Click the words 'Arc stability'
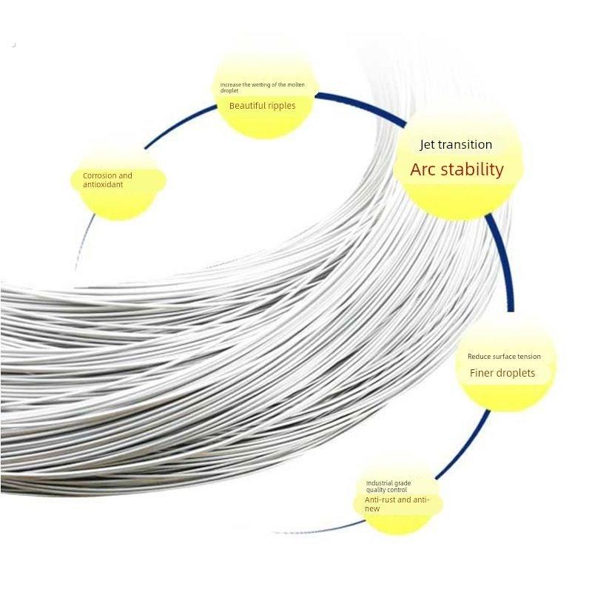tap(457, 169)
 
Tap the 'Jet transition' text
tap(456, 144)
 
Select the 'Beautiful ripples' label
tap(263, 106)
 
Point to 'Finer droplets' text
tap(502, 373)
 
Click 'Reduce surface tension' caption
tap(504, 357)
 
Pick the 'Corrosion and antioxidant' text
tap(107, 180)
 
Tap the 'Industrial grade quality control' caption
tap(388, 486)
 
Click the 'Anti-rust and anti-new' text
tap(397, 504)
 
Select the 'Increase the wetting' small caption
tap(262, 87)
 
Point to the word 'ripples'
tap(280, 106)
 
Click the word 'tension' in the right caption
tap(528, 357)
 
